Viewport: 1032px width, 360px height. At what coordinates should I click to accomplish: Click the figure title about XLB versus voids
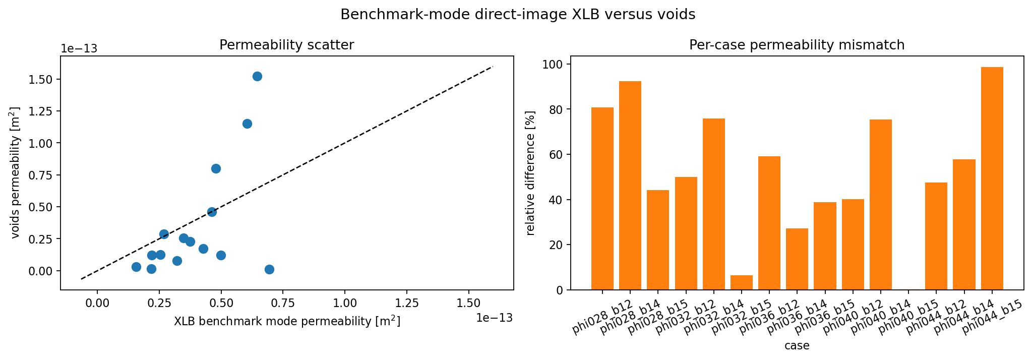tap(518, 15)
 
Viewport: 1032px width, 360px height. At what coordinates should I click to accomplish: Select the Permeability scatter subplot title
tap(286, 45)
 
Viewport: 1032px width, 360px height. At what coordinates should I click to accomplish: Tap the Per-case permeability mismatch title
tap(797, 45)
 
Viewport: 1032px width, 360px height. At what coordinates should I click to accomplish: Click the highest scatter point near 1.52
tap(257, 76)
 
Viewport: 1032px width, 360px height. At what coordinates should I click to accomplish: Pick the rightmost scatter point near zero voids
tap(269, 269)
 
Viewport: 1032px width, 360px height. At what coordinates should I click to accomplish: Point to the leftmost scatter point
tap(136, 267)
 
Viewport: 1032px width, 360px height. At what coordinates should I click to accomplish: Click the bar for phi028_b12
tap(602, 199)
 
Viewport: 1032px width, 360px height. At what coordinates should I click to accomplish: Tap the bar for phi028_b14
tap(630, 186)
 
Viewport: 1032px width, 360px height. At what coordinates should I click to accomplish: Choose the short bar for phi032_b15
tap(741, 282)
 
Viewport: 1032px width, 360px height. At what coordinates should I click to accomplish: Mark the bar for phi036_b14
tap(797, 259)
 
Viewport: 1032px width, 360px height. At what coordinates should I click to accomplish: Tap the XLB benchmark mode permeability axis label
tap(286, 321)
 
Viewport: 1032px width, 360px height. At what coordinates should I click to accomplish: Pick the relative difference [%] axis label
tap(530, 172)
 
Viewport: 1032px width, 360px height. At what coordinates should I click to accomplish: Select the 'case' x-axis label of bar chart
tap(797, 346)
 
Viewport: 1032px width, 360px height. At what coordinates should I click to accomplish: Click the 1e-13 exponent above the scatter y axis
tap(79, 48)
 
